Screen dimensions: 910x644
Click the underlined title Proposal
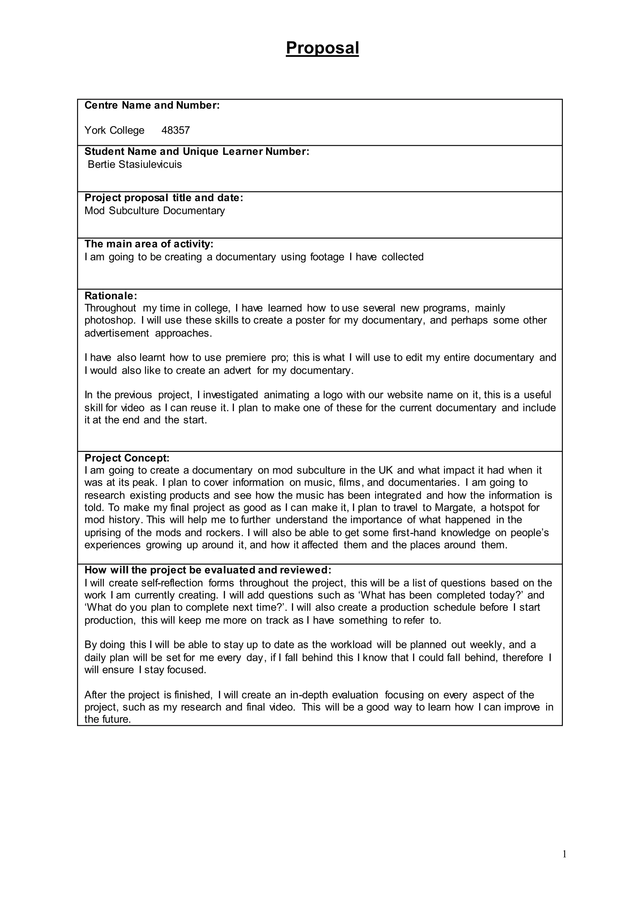pos(322,48)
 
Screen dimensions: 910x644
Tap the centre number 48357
pos(176,130)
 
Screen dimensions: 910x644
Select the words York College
pos(114,130)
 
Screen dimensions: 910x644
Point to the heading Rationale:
pos(111,296)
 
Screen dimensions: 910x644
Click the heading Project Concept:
pos(127,458)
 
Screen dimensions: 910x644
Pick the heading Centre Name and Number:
pos(152,106)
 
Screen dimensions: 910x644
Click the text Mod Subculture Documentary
pos(155,211)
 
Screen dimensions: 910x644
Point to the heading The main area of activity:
pos(149,244)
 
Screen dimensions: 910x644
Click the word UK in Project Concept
pos(386,470)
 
